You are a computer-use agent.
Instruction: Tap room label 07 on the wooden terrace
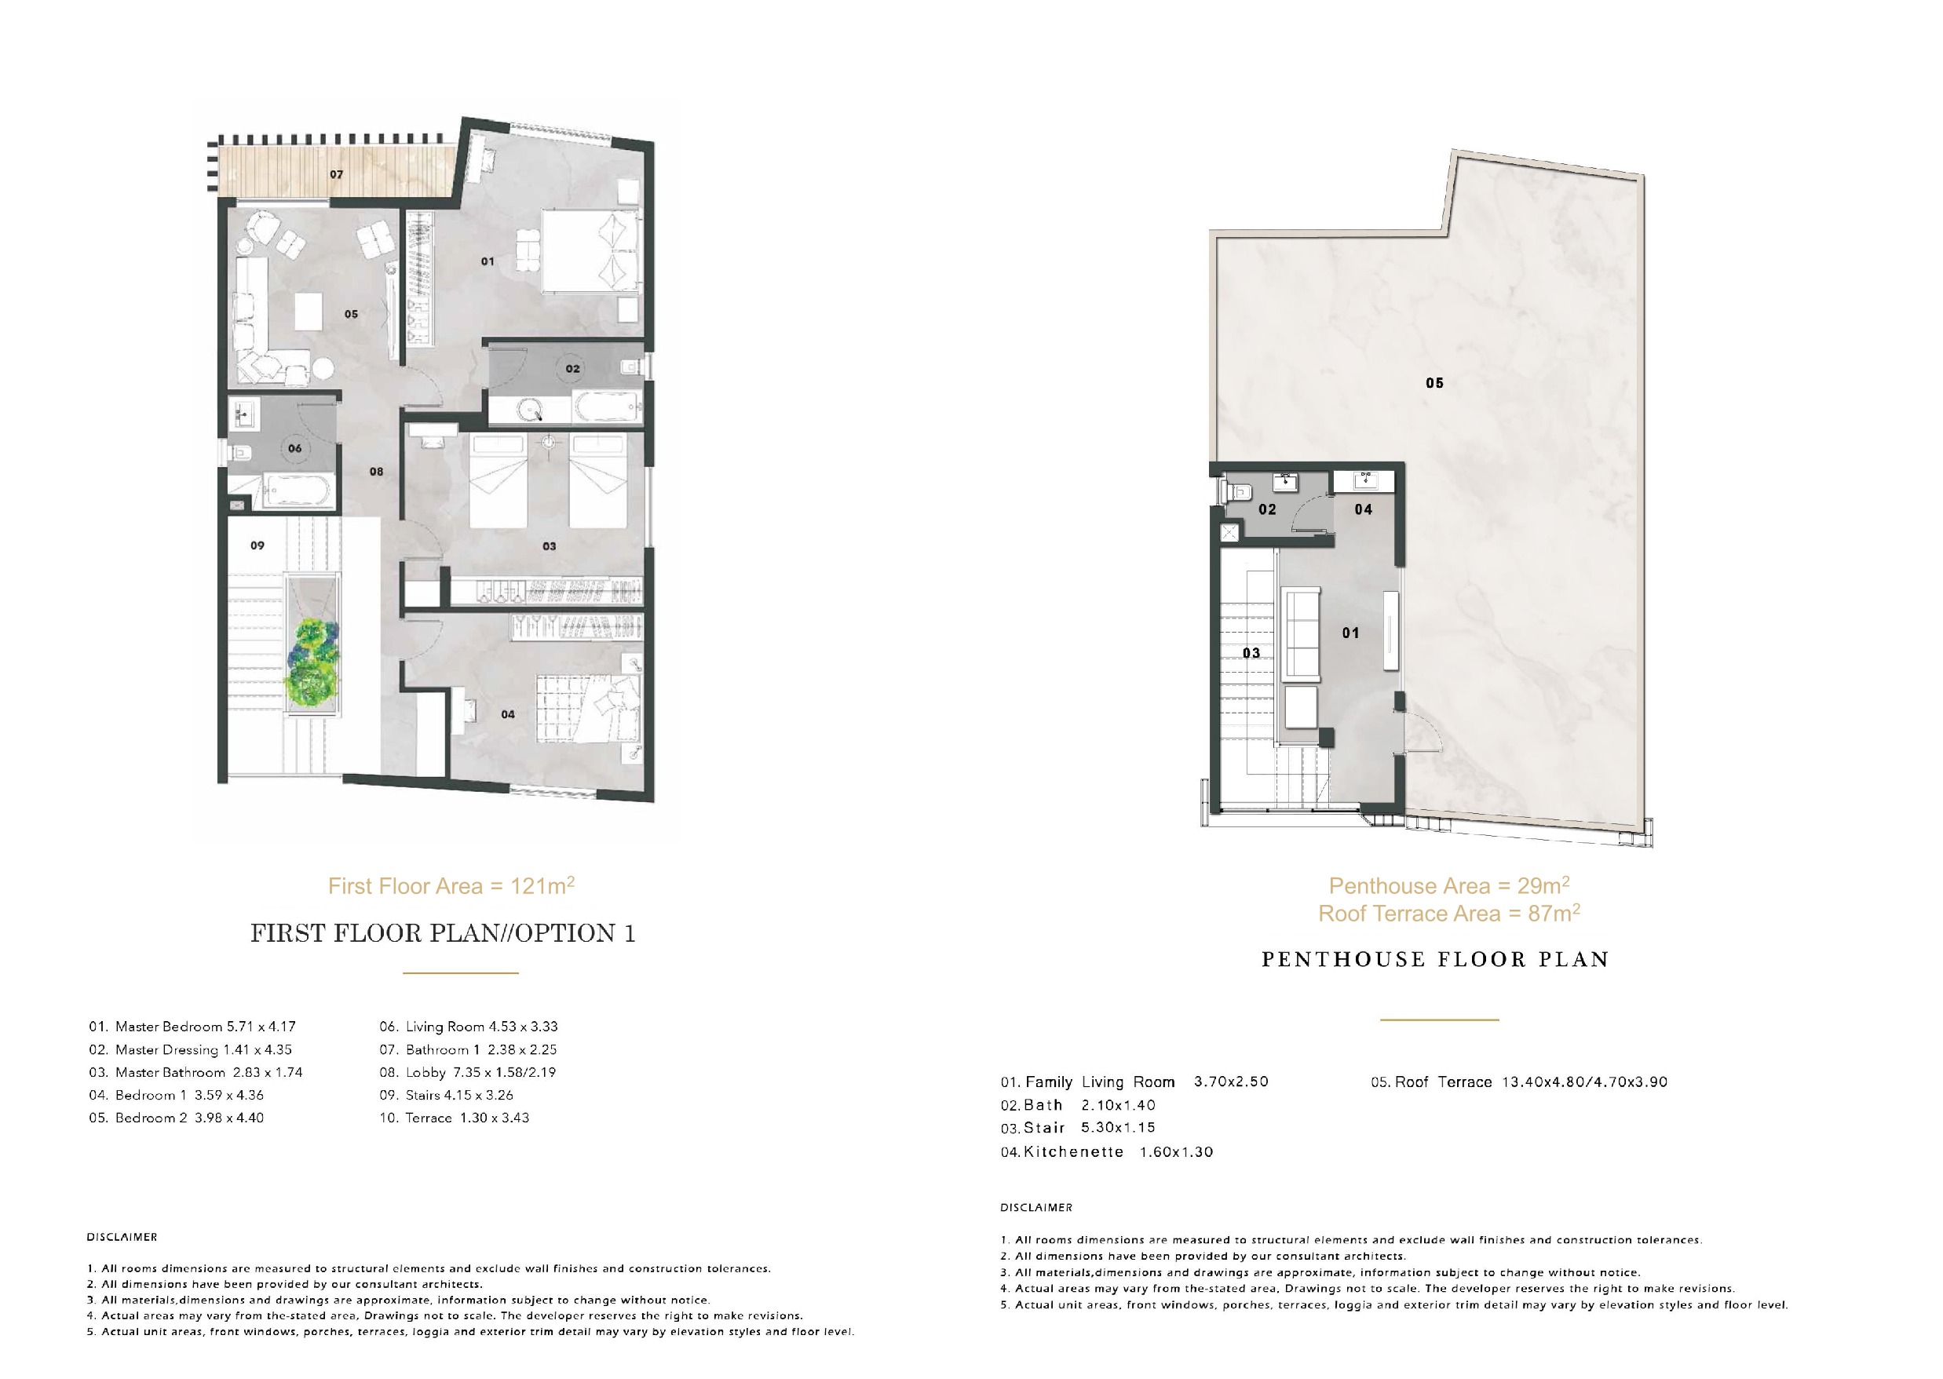pyautogui.click(x=336, y=174)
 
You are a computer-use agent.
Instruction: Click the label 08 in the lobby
pyautogui.click(x=376, y=471)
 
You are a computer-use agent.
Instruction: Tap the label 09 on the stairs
pyautogui.click(x=257, y=545)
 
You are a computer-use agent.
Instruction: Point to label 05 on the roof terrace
pyautogui.click(x=1434, y=383)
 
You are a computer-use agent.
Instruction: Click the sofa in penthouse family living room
pyautogui.click(x=1300, y=636)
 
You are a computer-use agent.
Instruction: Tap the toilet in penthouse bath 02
pyautogui.click(x=1234, y=491)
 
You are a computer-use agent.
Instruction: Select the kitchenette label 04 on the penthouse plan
pyautogui.click(x=1363, y=509)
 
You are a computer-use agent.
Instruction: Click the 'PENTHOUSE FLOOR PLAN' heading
pyautogui.click(x=1435, y=960)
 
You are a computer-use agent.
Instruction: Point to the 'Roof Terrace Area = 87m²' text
pyautogui.click(x=1448, y=914)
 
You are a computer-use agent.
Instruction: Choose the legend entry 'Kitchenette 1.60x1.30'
pyautogui.click(x=1106, y=1152)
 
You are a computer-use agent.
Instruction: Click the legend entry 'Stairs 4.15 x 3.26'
pyautogui.click(x=446, y=1096)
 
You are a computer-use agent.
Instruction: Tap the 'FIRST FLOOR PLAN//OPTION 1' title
pyautogui.click(x=444, y=933)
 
